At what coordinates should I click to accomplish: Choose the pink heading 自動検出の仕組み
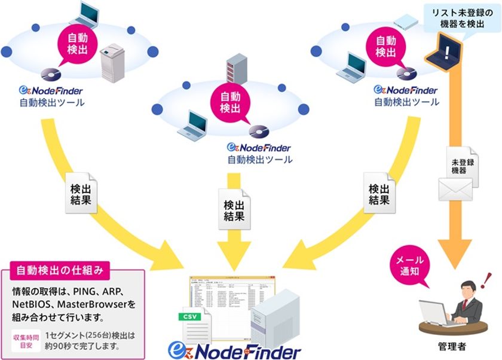[x=60, y=270]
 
